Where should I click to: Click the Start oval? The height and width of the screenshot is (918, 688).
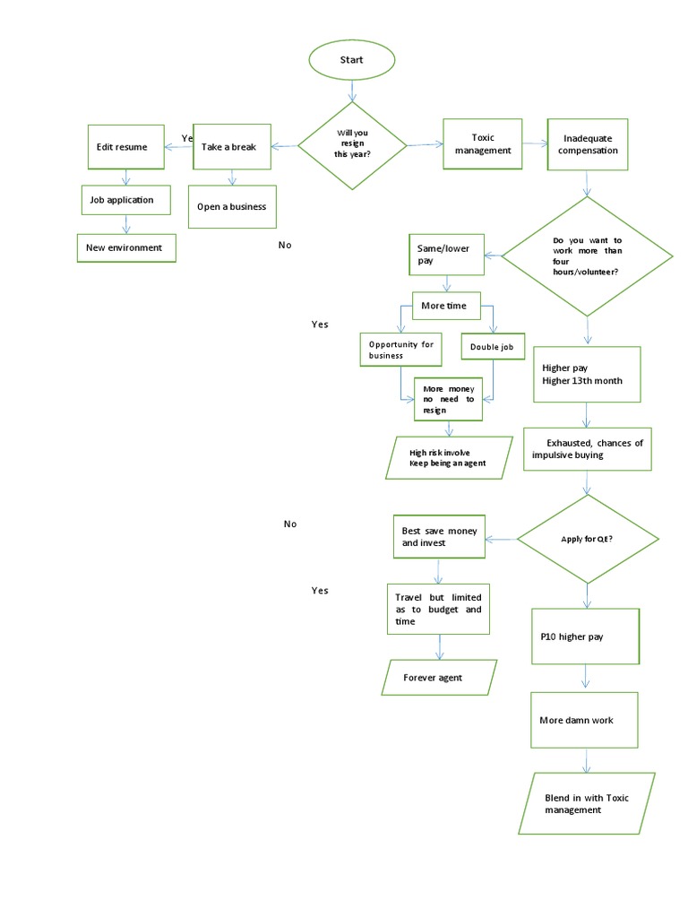click(351, 60)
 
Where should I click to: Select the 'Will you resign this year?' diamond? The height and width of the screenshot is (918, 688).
click(352, 145)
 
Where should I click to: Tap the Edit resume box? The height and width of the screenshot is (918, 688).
click(125, 146)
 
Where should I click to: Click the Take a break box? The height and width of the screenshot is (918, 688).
click(231, 146)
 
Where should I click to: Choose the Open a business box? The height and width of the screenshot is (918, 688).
click(231, 206)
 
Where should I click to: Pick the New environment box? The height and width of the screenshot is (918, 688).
click(125, 247)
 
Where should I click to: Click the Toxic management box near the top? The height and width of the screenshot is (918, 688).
click(483, 143)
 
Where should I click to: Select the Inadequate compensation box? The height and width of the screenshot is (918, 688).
click(588, 144)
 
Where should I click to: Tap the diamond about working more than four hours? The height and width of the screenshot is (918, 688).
click(587, 255)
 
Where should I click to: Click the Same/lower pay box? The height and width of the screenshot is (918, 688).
click(445, 255)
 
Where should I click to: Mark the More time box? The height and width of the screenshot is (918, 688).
click(445, 306)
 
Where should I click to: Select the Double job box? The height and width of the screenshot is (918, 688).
click(492, 347)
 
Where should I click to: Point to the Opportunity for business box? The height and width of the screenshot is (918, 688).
click(401, 350)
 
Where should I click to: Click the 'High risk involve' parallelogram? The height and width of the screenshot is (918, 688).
click(447, 458)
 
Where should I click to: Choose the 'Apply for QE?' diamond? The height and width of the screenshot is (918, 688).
click(587, 539)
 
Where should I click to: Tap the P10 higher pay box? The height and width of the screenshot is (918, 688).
click(585, 637)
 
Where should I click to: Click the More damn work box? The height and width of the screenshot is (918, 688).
click(584, 720)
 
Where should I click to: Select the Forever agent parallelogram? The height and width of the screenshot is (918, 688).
click(439, 678)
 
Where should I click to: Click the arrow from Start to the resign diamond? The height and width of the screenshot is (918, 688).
click(352, 91)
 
